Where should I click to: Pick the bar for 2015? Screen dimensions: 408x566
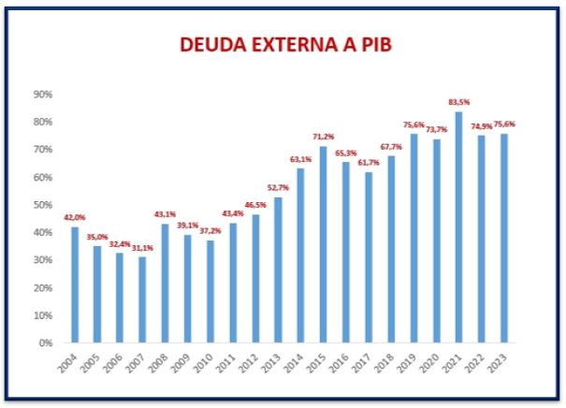[x=323, y=244]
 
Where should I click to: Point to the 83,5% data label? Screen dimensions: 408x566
[x=458, y=102]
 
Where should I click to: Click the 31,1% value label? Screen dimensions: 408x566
[x=141, y=248]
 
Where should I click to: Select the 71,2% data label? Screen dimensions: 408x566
[x=323, y=137]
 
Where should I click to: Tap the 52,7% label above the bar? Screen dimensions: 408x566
[x=278, y=188]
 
